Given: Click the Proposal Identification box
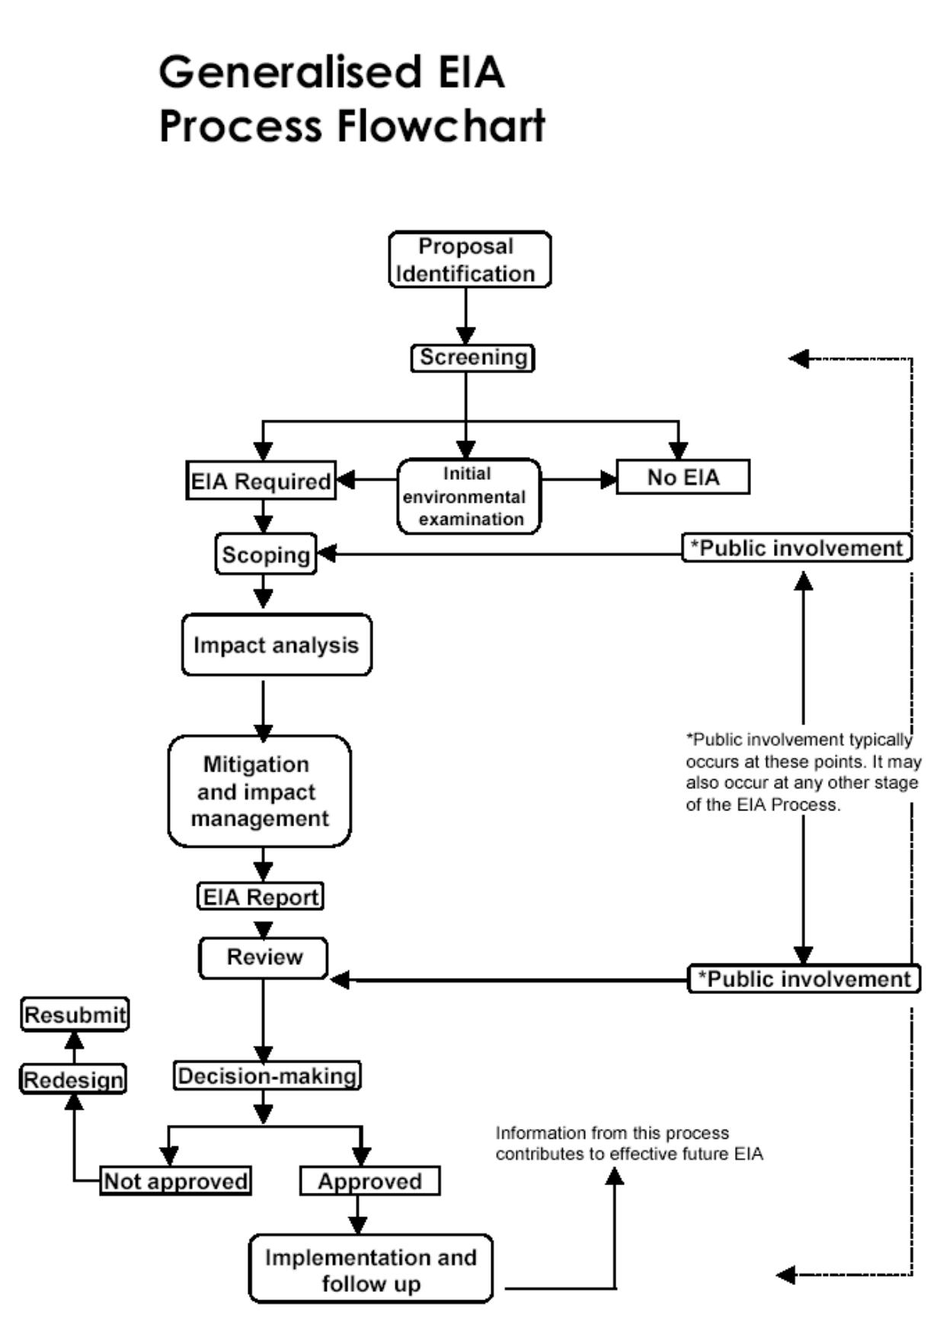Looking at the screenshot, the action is pos(469,260).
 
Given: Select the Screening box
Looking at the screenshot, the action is pos(472,358).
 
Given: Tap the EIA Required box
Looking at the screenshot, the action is pos(261,481).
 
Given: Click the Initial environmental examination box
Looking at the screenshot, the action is pos(468,496).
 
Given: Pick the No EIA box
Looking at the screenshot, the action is pos(682,478).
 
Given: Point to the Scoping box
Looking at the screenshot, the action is pos(266,555).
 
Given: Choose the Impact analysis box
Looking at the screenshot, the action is pos(277,645).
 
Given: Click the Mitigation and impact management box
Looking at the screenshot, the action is pos(259,791).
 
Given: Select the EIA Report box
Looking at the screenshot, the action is pos(261,897).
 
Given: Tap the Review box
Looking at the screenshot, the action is pos(264,957).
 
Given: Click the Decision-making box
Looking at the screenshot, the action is pos(267,1075).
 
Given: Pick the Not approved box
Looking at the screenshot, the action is pos(175,1181).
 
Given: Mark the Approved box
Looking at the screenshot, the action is pos(369,1181).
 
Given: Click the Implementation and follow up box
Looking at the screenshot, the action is pos(371,1269).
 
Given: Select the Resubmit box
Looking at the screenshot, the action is pos(75,1015).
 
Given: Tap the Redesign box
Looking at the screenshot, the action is pos(73,1079).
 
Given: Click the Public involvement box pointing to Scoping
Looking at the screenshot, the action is pos(797,548).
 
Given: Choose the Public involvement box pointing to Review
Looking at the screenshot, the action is pos(804,979).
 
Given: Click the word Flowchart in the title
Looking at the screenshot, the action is pos(441,126).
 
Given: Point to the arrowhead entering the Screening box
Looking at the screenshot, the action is pos(466,336).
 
